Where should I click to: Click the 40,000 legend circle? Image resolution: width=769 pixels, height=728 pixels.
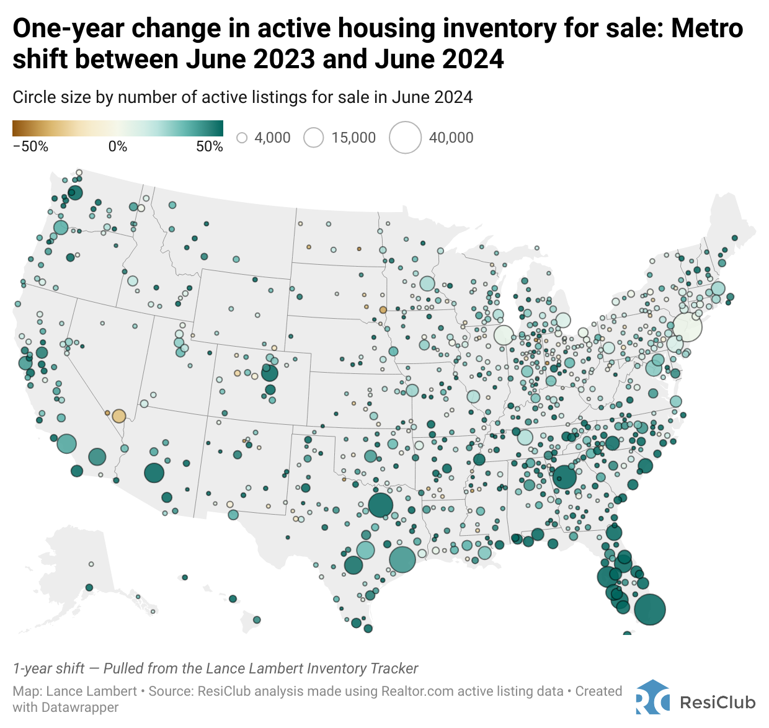(405, 137)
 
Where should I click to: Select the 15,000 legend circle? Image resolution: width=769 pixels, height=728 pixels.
(314, 138)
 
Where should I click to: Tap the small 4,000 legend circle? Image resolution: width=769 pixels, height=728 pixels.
(242, 138)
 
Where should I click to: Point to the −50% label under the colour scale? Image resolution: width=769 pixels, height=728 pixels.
(30, 146)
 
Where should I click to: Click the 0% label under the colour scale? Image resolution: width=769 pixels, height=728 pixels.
(118, 146)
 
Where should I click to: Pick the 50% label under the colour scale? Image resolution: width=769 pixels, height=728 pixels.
(210, 146)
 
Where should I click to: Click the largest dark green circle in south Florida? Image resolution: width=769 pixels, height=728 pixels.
(649, 609)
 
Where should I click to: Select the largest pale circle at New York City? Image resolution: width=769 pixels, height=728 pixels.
(687, 326)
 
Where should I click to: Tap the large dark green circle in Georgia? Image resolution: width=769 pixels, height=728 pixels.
(564, 477)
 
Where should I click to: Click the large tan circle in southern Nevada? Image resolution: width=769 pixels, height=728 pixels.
(118, 415)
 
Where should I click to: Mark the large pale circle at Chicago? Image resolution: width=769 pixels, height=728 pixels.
(504, 335)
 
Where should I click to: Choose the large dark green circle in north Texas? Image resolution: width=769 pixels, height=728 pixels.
(380, 505)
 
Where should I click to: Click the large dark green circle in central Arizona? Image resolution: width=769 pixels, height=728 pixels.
(154, 473)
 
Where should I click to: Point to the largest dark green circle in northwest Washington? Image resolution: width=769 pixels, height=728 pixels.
(75, 192)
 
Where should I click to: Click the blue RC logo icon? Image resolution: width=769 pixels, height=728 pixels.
(652, 699)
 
